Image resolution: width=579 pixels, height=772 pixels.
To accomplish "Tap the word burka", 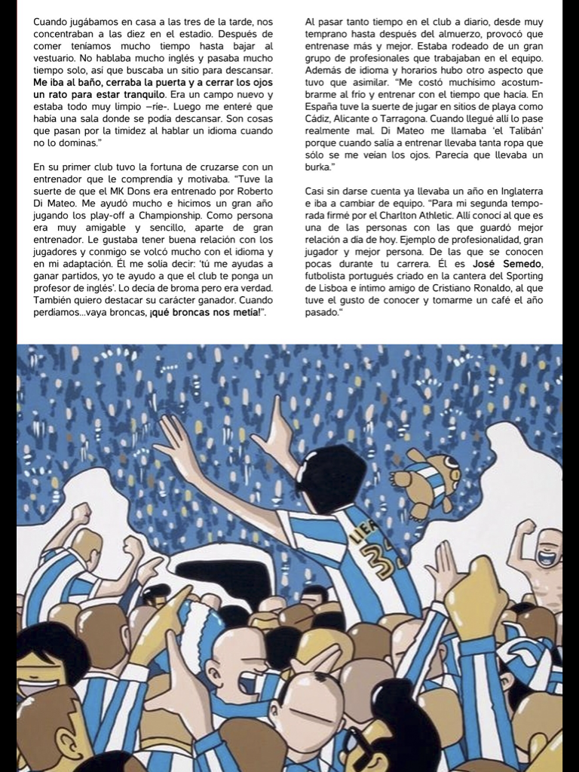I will (319, 167).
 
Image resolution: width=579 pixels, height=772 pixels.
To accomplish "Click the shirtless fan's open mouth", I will (547, 559).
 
